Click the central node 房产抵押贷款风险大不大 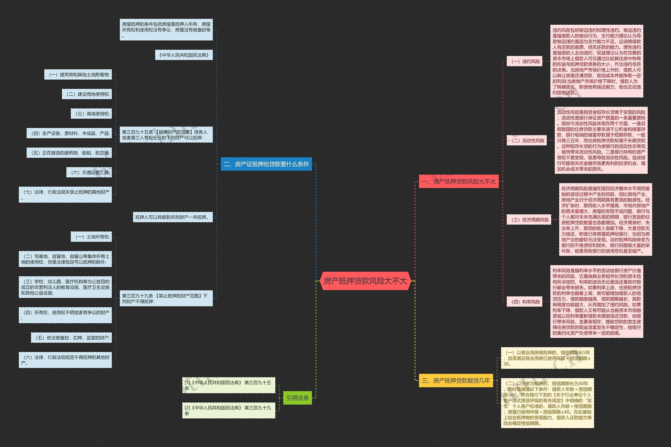point(365,281)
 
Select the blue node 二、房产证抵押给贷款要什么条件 point(266,164)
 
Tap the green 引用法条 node point(297,398)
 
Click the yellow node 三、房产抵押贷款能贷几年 point(456,380)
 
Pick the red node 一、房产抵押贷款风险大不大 point(458,181)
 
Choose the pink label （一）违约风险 point(524,61)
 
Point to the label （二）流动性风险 point(526,140)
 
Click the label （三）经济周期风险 point(529,220)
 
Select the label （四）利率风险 point(524,302)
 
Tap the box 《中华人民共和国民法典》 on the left point(184,55)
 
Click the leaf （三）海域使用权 point(91,114)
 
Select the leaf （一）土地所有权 point(91,237)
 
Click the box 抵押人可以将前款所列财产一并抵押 point(173,217)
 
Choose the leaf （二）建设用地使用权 point(87,94)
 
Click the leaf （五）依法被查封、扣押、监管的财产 point(71,338)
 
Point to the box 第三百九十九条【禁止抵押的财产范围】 point(166,298)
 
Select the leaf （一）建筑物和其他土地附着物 point(78,75)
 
